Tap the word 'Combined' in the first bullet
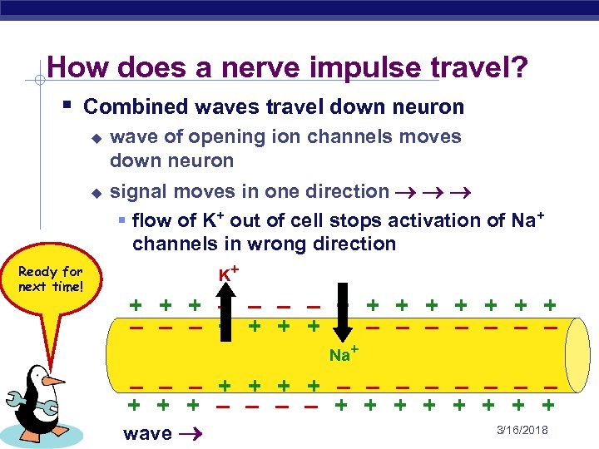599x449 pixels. (127, 107)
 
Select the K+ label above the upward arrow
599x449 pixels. (230, 274)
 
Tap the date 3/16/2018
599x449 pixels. (522, 431)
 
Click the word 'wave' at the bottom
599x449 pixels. (147, 433)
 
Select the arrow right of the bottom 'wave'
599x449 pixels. (189, 433)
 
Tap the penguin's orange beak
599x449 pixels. (55, 381)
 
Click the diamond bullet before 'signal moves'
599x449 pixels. (96, 192)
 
